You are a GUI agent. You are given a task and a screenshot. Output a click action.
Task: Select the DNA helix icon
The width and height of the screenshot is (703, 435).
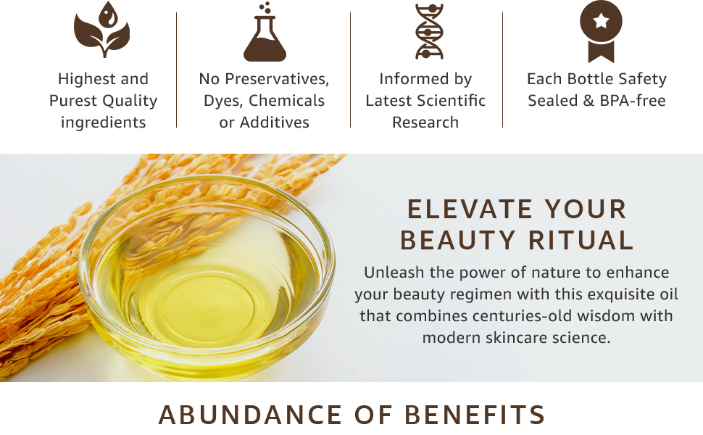[x=428, y=31]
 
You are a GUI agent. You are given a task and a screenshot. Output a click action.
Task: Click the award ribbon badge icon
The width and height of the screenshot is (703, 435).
[x=601, y=31]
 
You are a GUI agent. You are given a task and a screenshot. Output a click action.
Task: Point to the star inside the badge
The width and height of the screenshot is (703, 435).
[x=601, y=22]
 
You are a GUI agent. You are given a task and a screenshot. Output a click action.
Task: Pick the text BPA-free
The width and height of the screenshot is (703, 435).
[x=631, y=101]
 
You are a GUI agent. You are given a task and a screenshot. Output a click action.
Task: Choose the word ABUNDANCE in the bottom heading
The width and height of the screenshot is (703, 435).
[x=251, y=415]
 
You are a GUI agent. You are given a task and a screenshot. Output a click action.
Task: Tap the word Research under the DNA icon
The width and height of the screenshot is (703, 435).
[x=425, y=123]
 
